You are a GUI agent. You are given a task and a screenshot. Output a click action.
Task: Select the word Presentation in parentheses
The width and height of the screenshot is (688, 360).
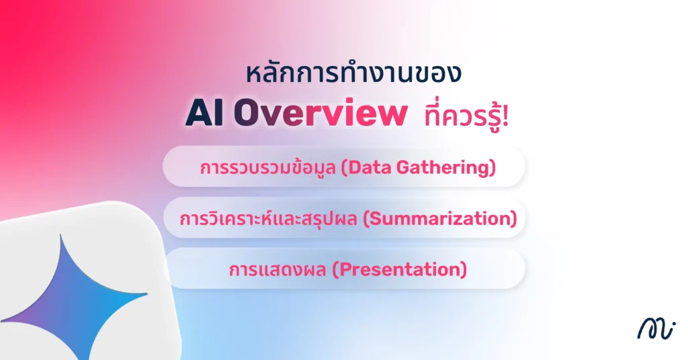click(400, 269)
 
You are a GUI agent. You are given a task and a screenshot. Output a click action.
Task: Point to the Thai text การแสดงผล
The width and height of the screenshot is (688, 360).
click(279, 269)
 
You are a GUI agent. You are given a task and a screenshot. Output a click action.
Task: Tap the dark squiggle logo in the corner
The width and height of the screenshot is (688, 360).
click(655, 328)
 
